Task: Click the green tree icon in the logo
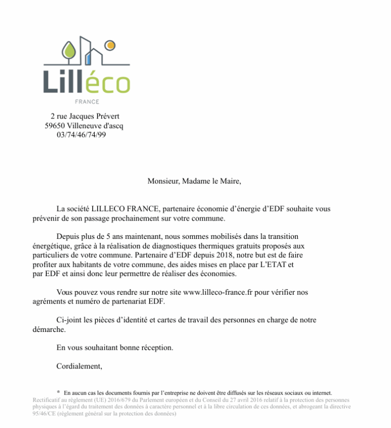(x=68, y=50)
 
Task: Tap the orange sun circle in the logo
(x=108, y=45)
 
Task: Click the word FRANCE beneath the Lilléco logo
(x=87, y=102)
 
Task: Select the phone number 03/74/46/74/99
(x=82, y=135)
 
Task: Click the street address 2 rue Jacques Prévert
(x=85, y=116)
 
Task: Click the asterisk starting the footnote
(x=59, y=392)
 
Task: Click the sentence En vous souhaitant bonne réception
(x=115, y=348)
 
